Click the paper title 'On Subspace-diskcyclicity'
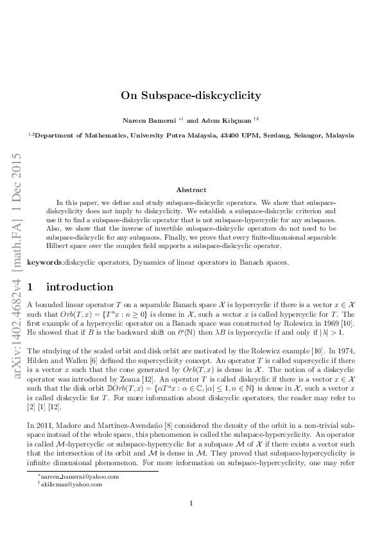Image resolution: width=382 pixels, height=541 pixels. tap(191, 95)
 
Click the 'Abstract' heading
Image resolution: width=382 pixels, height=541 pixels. tap(191, 190)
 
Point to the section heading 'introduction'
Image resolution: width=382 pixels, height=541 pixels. tap(80, 287)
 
